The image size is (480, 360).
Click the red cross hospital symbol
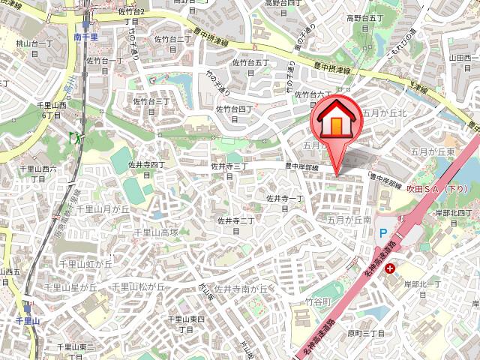[x=390, y=268]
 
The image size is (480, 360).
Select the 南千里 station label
[x=88, y=34]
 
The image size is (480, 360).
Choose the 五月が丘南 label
[x=349, y=220]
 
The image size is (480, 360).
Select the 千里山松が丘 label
[x=139, y=286]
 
